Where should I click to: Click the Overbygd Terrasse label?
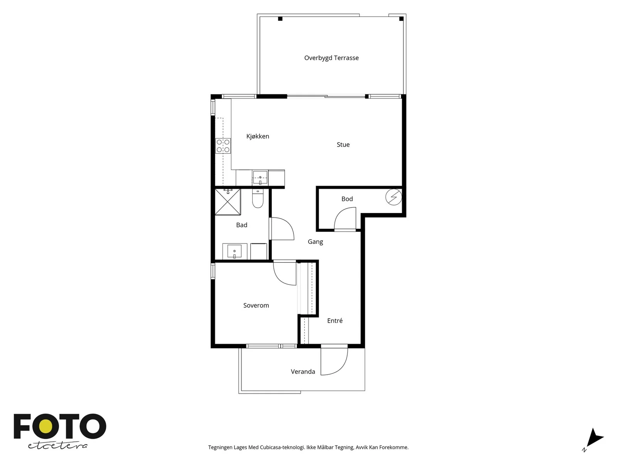pyautogui.click(x=331, y=58)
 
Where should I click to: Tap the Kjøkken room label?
pyautogui.click(x=258, y=136)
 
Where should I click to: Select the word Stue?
pyautogui.click(x=343, y=144)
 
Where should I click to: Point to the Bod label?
pyautogui.click(x=347, y=199)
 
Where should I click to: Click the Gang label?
pyautogui.click(x=315, y=242)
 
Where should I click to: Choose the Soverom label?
pyautogui.click(x=256, y=305)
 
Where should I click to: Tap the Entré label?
pyautogui.click(x=335, y=321)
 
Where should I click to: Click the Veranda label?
pyautogui.click(x=303, y=372)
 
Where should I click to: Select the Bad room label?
pyautogui.click(x=242, y=225)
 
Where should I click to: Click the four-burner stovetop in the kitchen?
pyautogui.click(x=223, y=146)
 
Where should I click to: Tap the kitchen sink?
pyautogui.click(x=260, y=177)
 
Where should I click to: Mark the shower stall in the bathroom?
pyautogui.click(x=228, y=202)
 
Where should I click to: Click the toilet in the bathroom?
pyautogui.click(x=258, y=198)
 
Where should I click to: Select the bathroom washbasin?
pyautogui.click(x=234, y=251)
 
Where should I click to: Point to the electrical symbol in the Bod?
pyautogui.click(x=394, y=197)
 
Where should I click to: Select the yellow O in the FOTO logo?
pyautogui.click(x=45, y=426)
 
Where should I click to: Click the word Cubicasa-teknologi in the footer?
pyautogui.click(x=282, y=447)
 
